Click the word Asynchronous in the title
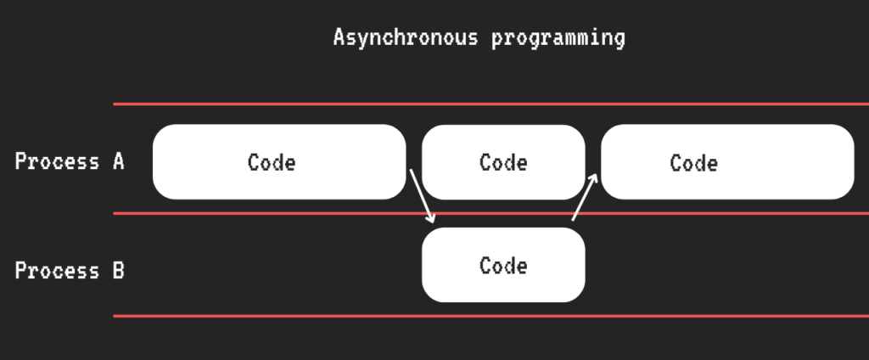click(405, 38)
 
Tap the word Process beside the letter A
click(57, 161)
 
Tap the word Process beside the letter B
click(57, 271)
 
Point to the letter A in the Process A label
click(118, 161)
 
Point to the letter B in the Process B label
click(118, 271)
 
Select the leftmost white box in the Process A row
click(279, 162)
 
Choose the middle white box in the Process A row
click(503, 162)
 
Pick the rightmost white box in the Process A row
click(727, 162)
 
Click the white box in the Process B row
click(503, 265)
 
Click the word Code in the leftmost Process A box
click(272, 162)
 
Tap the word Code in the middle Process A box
click(503, 162)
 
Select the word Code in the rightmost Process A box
click(694, 163)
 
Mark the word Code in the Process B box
click(503, 266)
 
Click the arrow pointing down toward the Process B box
click(422, 196)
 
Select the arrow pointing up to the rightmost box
click(585, 197)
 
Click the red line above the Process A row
click(491, 104)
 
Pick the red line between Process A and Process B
click(491, 213)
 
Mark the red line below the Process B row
click(491, 316)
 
